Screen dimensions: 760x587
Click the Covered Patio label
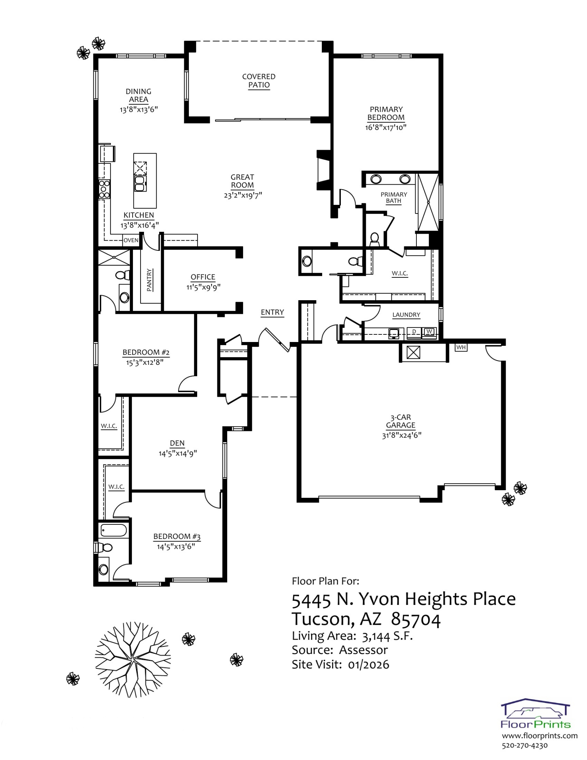click(259, 81)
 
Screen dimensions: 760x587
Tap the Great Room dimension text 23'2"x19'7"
click(243, 195)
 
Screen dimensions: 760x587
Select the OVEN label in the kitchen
click(131, 240)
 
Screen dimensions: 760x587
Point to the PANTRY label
click(149, 280)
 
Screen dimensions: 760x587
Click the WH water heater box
click(461, 347)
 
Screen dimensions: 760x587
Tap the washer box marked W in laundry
click(429, 332)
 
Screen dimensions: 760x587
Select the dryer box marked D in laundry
click(414, 332)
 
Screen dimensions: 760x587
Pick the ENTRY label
click(272, 312)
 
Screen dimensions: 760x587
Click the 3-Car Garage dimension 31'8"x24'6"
click(402, 435)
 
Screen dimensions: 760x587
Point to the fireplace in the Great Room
click(324, 170)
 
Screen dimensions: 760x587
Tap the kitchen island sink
click(140, 183)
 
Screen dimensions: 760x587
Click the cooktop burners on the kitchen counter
click(104, 189)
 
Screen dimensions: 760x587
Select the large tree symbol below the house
click(132, 659)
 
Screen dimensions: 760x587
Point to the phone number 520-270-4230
click(525, 746)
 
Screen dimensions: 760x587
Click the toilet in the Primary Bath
click(375, 239)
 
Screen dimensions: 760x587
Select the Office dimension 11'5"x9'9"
click(203, 287)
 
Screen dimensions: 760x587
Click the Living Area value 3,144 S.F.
click(387, 636)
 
